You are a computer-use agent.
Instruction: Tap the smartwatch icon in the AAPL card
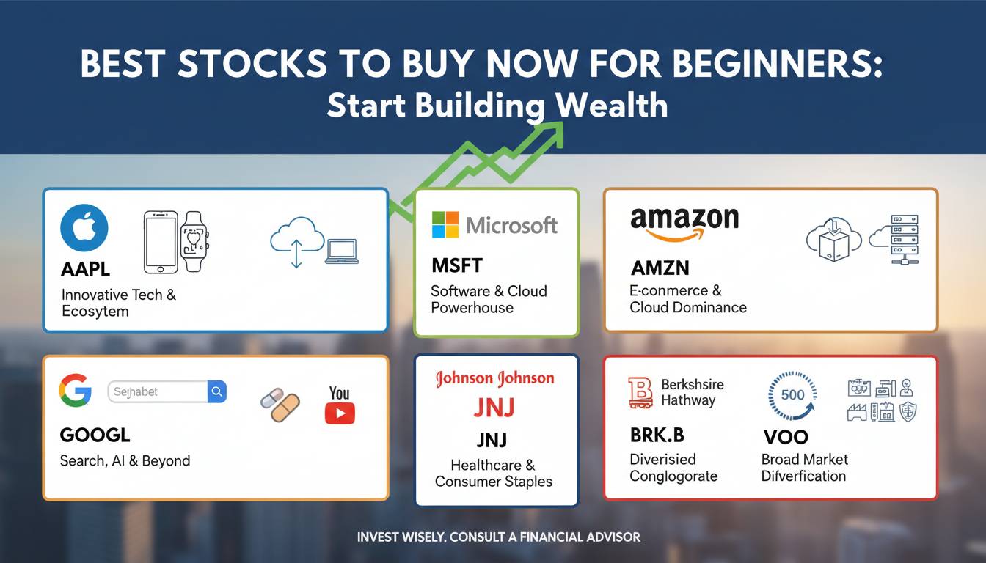[195, 240]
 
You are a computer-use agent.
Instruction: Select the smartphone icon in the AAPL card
[160, 240]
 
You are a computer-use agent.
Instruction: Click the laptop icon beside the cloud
[341, 251]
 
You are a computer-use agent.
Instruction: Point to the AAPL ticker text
[86, 269]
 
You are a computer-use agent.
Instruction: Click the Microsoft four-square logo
[445, 224]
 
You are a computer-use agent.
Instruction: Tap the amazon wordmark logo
[684, 221]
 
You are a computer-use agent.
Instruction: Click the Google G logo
[76, 390]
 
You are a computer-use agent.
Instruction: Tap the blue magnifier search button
[217, 391]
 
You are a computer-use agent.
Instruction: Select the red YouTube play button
[340, 413]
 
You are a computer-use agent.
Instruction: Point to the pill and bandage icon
[280, 405]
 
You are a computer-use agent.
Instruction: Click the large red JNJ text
[494, 407]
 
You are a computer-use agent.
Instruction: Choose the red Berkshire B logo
[640, 392]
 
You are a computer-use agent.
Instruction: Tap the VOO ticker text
[786, 437]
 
